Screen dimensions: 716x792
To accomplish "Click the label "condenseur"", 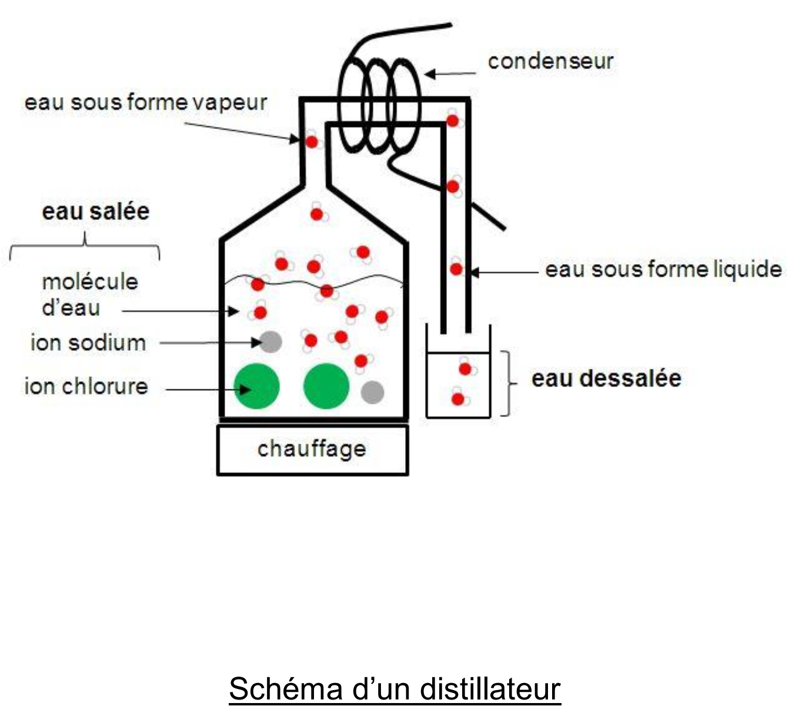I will [550, 61].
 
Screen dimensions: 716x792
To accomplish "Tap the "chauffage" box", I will [312, 449].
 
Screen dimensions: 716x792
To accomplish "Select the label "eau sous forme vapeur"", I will [146, 102].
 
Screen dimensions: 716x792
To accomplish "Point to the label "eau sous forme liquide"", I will [663, 269].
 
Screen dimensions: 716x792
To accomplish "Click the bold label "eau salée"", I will [96, 211].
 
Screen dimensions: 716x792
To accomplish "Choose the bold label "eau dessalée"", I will [606, 378].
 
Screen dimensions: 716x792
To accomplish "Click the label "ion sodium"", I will [88, 342].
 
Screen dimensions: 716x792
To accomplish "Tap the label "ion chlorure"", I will [86, 387].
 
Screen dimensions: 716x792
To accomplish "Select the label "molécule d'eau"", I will [89, 294].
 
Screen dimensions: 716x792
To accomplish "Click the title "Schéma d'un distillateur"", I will [395, 688].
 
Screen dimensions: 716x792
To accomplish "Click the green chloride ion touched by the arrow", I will [256, 387].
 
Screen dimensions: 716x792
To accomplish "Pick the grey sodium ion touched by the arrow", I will [270, 341].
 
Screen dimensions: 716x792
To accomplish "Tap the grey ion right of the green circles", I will [372, 392].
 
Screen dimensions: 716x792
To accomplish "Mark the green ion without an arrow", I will [326, 386].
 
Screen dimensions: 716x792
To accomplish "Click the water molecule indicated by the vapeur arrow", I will [312, 142].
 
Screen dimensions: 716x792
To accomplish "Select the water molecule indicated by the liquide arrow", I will [456, 269].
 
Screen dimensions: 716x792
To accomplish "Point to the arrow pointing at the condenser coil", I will [450, 74].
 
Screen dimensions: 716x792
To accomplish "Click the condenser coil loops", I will [379, 106].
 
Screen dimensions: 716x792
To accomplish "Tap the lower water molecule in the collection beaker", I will [458, 399].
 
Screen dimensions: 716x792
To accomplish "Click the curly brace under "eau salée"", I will [85, 246].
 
